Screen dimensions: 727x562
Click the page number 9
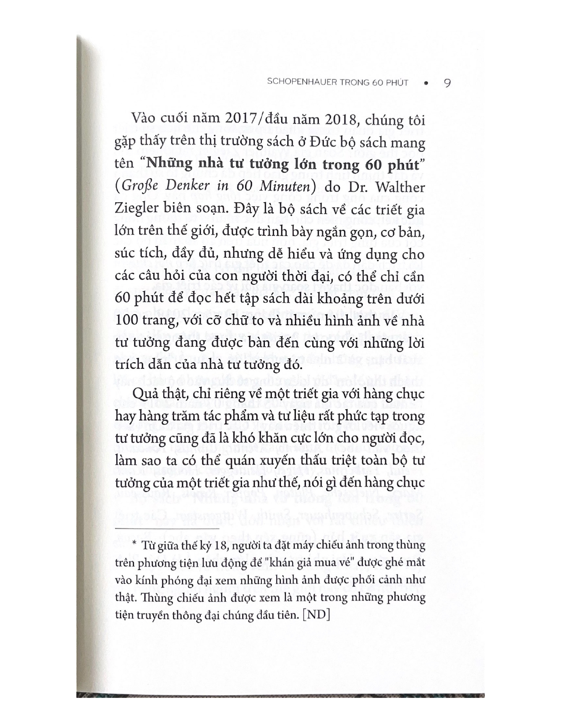[446, 82]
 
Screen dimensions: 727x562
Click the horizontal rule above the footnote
[166, 527]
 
